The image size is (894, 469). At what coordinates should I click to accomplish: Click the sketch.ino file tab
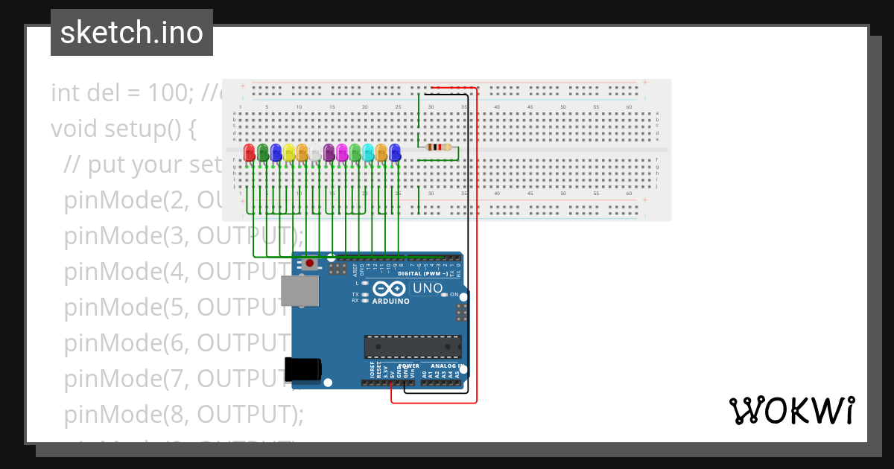click(132, 33)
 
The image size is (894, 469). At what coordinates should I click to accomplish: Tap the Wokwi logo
click(791, 411)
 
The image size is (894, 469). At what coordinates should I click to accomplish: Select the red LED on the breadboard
click(250, 152)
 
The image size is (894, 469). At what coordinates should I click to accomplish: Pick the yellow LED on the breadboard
click(289, 152)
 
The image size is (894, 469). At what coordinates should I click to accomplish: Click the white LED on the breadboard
click(315, 153)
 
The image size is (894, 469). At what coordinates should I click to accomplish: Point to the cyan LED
click(368, 152)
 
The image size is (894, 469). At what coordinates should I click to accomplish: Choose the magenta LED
click(342, 152)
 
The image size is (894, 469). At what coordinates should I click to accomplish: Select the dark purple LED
click(329, 152)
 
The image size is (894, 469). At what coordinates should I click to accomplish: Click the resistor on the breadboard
click(438, 147)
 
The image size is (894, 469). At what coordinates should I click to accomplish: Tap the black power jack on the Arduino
click(303, 368)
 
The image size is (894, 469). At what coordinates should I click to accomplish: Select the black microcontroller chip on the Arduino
click(413, 347)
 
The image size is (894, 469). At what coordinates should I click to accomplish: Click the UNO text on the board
click(428, 288)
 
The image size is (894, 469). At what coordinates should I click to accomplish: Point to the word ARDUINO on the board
click(390, 301)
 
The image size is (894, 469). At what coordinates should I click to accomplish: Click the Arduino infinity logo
click(390, 289)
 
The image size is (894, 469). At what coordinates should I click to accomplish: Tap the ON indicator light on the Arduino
click(445, 295)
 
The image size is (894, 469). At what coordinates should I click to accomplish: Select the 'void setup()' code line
click(123, 129)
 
